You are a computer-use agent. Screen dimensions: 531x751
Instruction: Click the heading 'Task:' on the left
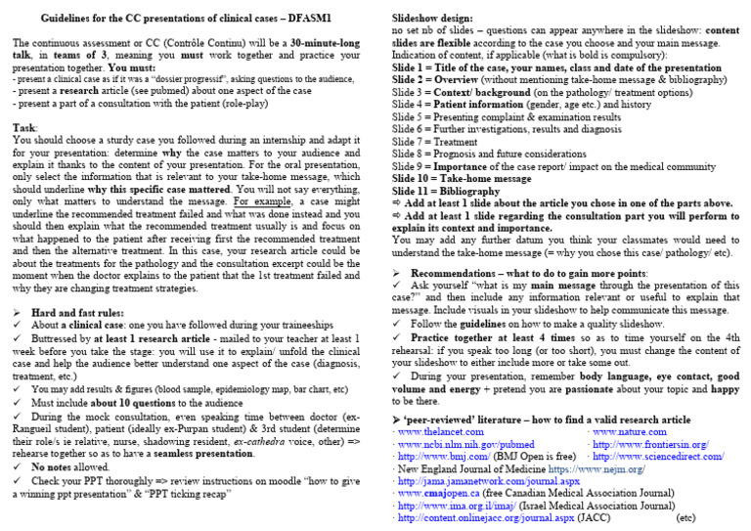click(26, 128)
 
